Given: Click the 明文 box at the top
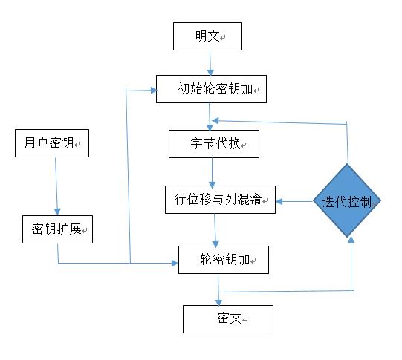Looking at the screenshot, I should [207, 36].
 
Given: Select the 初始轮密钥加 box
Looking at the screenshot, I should [211, 89].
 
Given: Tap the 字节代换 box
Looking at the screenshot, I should [214, 143].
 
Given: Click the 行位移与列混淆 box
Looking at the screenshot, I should [219, 200].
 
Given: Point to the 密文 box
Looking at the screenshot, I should [227, 318].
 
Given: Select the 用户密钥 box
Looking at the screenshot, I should [51, 143].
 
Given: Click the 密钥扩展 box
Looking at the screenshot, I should [56, 229].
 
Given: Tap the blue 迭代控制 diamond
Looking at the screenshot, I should [347, 201].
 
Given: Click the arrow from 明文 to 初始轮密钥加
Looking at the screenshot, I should [210, 62].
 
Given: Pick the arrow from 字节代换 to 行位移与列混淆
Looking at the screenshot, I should [213, 171].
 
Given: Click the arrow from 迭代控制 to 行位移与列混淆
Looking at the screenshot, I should [294, 200].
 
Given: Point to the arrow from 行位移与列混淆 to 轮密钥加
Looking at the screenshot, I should [215, 230].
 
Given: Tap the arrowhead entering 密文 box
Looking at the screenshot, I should [218, 301].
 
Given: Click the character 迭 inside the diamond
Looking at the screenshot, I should [329, 201].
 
